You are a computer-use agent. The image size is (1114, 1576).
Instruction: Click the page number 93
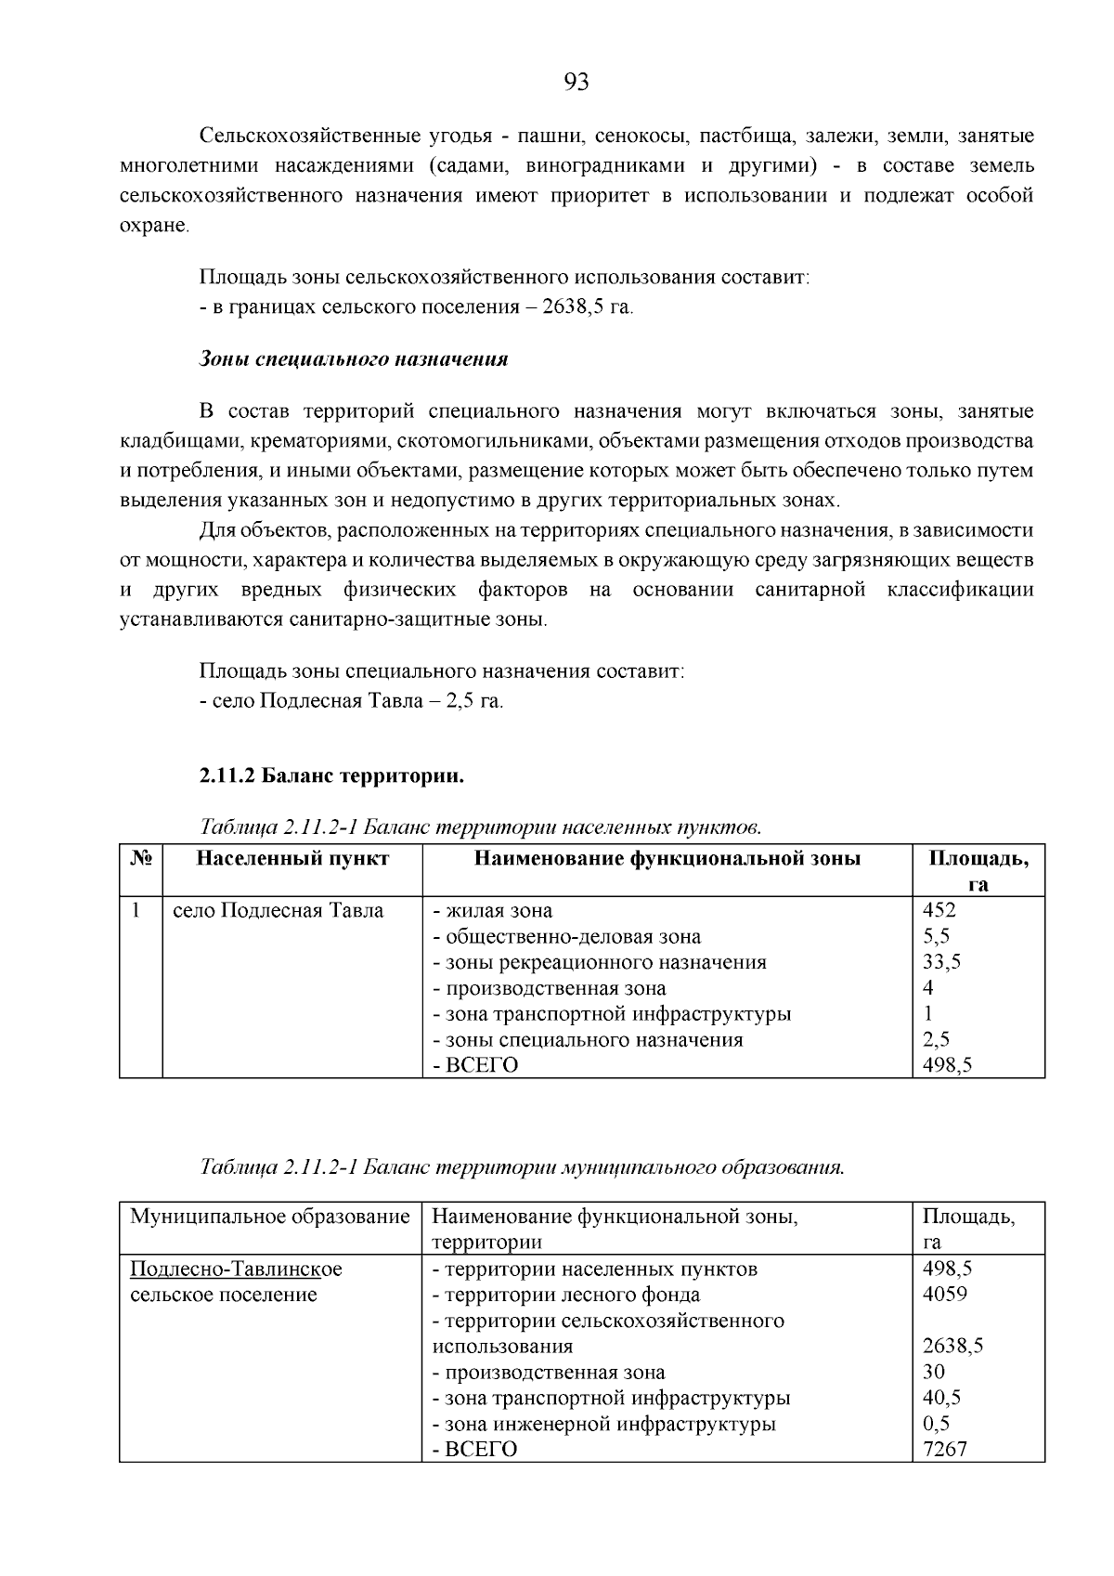click(x=576, y=84)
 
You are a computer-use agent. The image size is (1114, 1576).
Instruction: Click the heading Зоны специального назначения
click(x=354, y=358)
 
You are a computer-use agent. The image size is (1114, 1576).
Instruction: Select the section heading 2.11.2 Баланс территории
click(x=331, y=775)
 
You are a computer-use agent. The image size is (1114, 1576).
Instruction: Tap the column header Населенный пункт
click(x=292, y=858)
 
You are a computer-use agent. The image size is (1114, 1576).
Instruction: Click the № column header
click(x=141, y=858)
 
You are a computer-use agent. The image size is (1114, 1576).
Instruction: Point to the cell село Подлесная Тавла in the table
click(x=278, y=910)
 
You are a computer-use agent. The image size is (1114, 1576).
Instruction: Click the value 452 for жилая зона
click(x=939, y=910)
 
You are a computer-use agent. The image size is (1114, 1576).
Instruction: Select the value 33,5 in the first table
click(x=941, y=962)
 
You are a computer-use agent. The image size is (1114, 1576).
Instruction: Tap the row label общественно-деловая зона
click(x=567, y=936)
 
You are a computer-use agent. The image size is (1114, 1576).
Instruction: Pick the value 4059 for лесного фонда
click(x=944, y=1294)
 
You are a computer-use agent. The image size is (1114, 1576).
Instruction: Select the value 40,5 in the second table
click(x=941, y=1397)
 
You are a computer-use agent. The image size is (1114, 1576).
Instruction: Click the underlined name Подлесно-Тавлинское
click(x=236, y=1269)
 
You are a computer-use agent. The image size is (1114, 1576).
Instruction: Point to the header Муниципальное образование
click(x=269, y=1217)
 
